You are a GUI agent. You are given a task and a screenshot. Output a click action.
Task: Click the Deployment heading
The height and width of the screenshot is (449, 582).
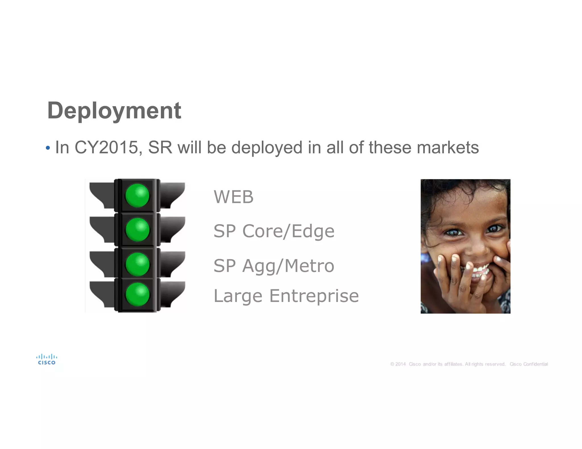point(114,110)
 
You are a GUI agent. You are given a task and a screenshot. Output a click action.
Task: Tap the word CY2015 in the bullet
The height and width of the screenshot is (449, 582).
point(106,148)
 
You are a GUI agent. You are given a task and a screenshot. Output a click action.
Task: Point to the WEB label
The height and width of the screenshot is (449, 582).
point(233,197)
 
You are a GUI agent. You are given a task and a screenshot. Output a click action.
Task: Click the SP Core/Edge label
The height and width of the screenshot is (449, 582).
point(274,231)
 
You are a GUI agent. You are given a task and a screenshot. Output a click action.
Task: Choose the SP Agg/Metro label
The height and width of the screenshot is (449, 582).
point(274,266)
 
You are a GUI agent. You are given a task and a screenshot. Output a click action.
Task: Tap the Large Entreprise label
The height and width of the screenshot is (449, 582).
point(286,296)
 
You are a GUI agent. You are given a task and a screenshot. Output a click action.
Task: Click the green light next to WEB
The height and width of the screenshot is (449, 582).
point(137,196)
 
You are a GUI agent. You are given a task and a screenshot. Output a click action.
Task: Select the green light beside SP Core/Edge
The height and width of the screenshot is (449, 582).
point(137,230)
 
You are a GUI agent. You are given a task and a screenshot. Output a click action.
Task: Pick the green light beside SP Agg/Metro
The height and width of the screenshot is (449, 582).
point(137,264)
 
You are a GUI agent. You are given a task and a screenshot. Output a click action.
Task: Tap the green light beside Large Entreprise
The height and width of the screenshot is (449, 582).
point(137,294)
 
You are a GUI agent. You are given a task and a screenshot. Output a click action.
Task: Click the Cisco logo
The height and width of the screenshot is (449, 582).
point(47,359)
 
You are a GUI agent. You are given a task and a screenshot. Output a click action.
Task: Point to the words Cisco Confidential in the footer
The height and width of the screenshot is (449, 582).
point(529,364)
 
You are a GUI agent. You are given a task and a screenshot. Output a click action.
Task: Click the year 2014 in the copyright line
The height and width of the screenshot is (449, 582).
point(400,364)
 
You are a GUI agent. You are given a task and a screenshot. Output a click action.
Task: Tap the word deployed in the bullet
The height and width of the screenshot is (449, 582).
point(267,148)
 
